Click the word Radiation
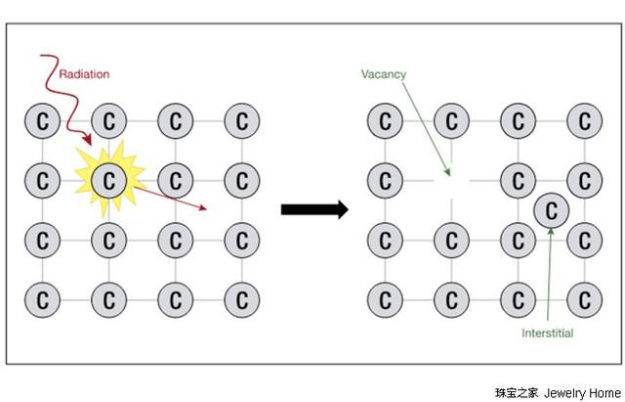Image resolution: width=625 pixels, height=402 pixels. (85, 74)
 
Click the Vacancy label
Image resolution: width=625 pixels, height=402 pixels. (384, 74)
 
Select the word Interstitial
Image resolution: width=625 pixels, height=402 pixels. (547, 334)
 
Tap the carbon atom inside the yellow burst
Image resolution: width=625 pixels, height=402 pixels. (109, 180)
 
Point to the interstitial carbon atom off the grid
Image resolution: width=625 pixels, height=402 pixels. (552, 209)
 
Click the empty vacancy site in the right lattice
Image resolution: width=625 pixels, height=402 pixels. (451, 180)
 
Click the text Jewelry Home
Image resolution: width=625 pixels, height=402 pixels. (582, 392)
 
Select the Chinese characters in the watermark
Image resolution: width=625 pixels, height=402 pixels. (517, 392)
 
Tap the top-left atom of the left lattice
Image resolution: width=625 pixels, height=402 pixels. (42, 121)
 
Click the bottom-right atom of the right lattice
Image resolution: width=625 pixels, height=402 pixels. (584, 296)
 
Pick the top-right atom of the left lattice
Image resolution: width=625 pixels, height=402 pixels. (241, 121)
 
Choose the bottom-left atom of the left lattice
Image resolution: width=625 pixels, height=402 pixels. (42, 296)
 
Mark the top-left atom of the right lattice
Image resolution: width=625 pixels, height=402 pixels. (385, 121)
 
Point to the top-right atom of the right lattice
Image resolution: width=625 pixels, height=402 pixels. (584, 121)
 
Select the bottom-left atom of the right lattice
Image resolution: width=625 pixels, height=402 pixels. (385, 296)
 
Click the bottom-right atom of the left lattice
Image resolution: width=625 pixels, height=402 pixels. (241, 296)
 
